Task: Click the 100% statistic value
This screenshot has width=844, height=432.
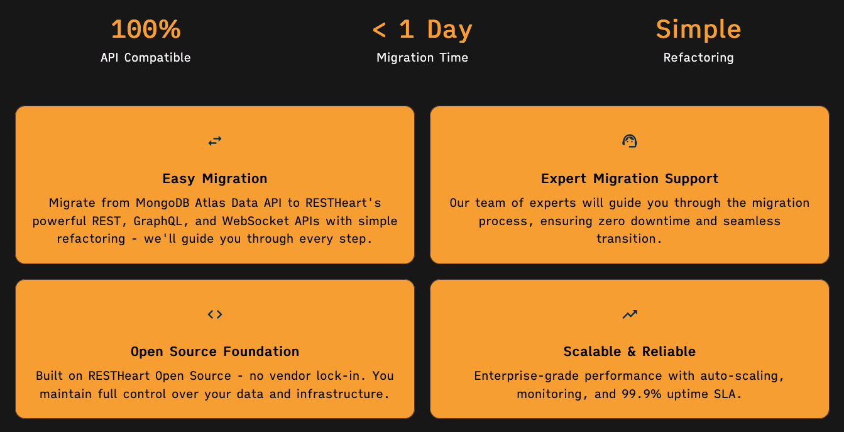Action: [x=146, y=30]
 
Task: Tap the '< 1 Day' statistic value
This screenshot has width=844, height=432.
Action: [x=422, y=30]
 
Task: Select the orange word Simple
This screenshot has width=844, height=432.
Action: [x=698, y=30]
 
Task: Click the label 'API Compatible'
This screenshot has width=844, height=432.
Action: [x=146, y=57]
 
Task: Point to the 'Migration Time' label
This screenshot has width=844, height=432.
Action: [x=422, y=57]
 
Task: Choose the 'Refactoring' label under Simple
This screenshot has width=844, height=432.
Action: [x=698, y=57]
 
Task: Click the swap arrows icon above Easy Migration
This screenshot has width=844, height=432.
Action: [x=215, y=141]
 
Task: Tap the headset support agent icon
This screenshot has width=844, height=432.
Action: [x=630, y=141]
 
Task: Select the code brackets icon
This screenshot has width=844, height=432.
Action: [x=215, y=314]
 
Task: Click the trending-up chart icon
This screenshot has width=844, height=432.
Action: [x=630, y=314]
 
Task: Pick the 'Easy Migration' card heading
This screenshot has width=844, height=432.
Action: [x=215, y=179]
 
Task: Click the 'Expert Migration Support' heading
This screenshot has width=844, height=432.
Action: [x=630, y=179]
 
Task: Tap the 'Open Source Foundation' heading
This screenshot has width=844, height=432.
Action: [x=215, y=352]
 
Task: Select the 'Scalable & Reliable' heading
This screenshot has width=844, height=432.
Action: [x=630, y=352]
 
